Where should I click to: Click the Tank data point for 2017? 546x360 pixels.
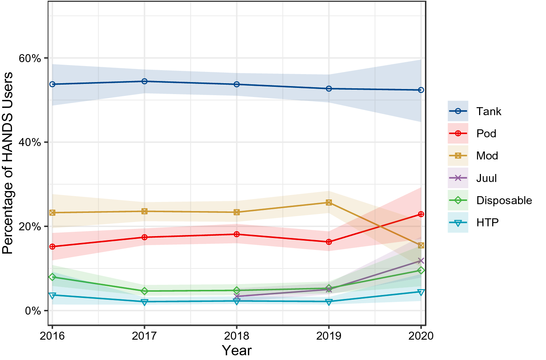[x=144, y=81]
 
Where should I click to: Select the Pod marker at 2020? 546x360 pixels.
[x=421, y=214]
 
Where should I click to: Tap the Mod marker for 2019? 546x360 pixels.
[x=329, y=202]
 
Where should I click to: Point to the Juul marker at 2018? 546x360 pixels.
[x=237, y=296]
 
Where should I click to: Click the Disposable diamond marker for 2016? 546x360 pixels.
[x=52, y=277]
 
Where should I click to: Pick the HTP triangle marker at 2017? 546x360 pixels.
[x=144, y=302]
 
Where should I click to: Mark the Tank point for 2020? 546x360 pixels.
[x=421, y=90]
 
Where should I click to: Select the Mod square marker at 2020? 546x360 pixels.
[x=421, y=246]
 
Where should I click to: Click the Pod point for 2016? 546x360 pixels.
[x=52, y=247]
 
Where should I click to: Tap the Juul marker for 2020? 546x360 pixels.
[x=421, y=261]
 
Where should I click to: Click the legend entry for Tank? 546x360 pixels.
[x=489, y=111]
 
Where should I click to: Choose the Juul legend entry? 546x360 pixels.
[x=486, y=178]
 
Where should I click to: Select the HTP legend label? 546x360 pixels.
[x=487, y=222]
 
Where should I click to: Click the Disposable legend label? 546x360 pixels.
[x=504, y=200]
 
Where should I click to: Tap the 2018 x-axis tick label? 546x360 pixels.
[x=237, y=336]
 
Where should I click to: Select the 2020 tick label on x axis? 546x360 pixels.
[x=421, y=336]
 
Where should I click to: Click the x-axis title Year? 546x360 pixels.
[x=237, y=351]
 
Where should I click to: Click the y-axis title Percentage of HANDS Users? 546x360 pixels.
[x=8, y=163]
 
